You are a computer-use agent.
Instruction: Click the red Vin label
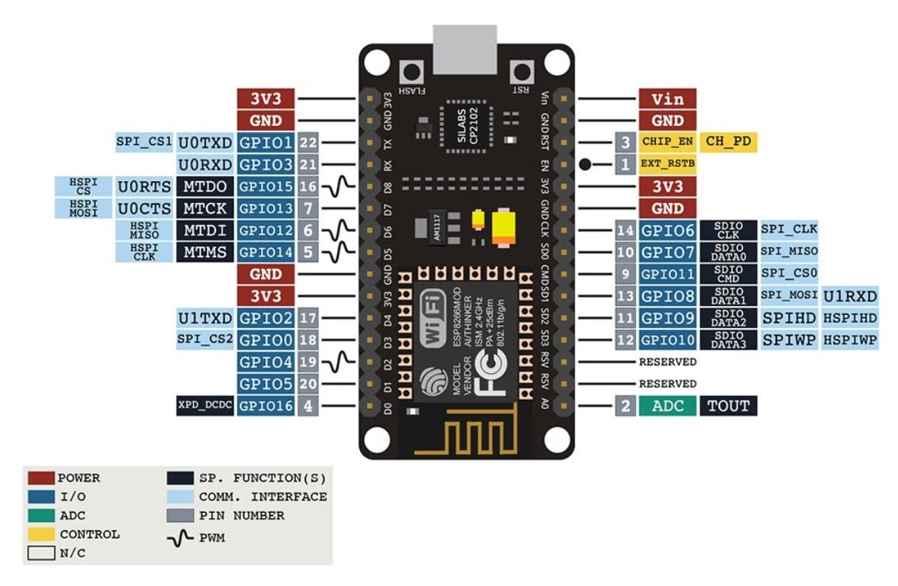click(x=667, y=98)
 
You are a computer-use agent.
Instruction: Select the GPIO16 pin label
click(x=266, y=406)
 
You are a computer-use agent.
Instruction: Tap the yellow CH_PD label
click(x=728, y=142)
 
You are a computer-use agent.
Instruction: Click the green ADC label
click(x=667, y=406)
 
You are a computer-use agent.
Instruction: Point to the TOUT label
click(x=729, y=406)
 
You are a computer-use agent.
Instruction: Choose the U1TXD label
click(x=204, y=318)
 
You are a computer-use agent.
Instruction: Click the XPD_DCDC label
click(x=204, y=406)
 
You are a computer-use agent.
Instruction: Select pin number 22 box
click(x=307, y=143)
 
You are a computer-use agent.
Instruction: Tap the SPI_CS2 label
click(x=204, y=340)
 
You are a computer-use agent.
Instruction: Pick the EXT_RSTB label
click(x=667, y=164)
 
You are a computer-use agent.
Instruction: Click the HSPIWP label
click(x=850, y=340)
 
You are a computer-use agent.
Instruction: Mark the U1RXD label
click(x=850, y=296)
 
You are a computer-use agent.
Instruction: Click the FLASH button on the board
click(x=413, y=74)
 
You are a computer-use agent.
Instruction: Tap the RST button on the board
click(x=522, y=74)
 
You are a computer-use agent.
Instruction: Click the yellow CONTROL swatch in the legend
click(x=41, y=534)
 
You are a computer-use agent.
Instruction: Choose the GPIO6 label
click(x=667, y=230)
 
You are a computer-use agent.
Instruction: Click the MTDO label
click(x=204, y=186)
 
